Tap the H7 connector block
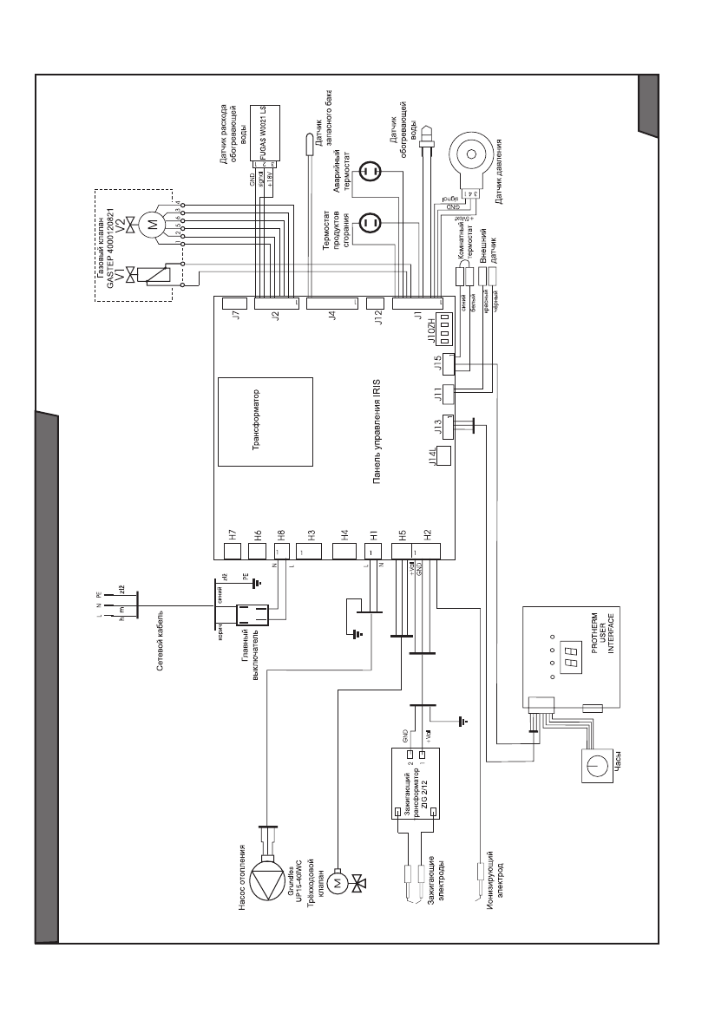(x=233, y=551)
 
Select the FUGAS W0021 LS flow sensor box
(x=266, y=135)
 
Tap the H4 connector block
(x=344, y=551)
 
